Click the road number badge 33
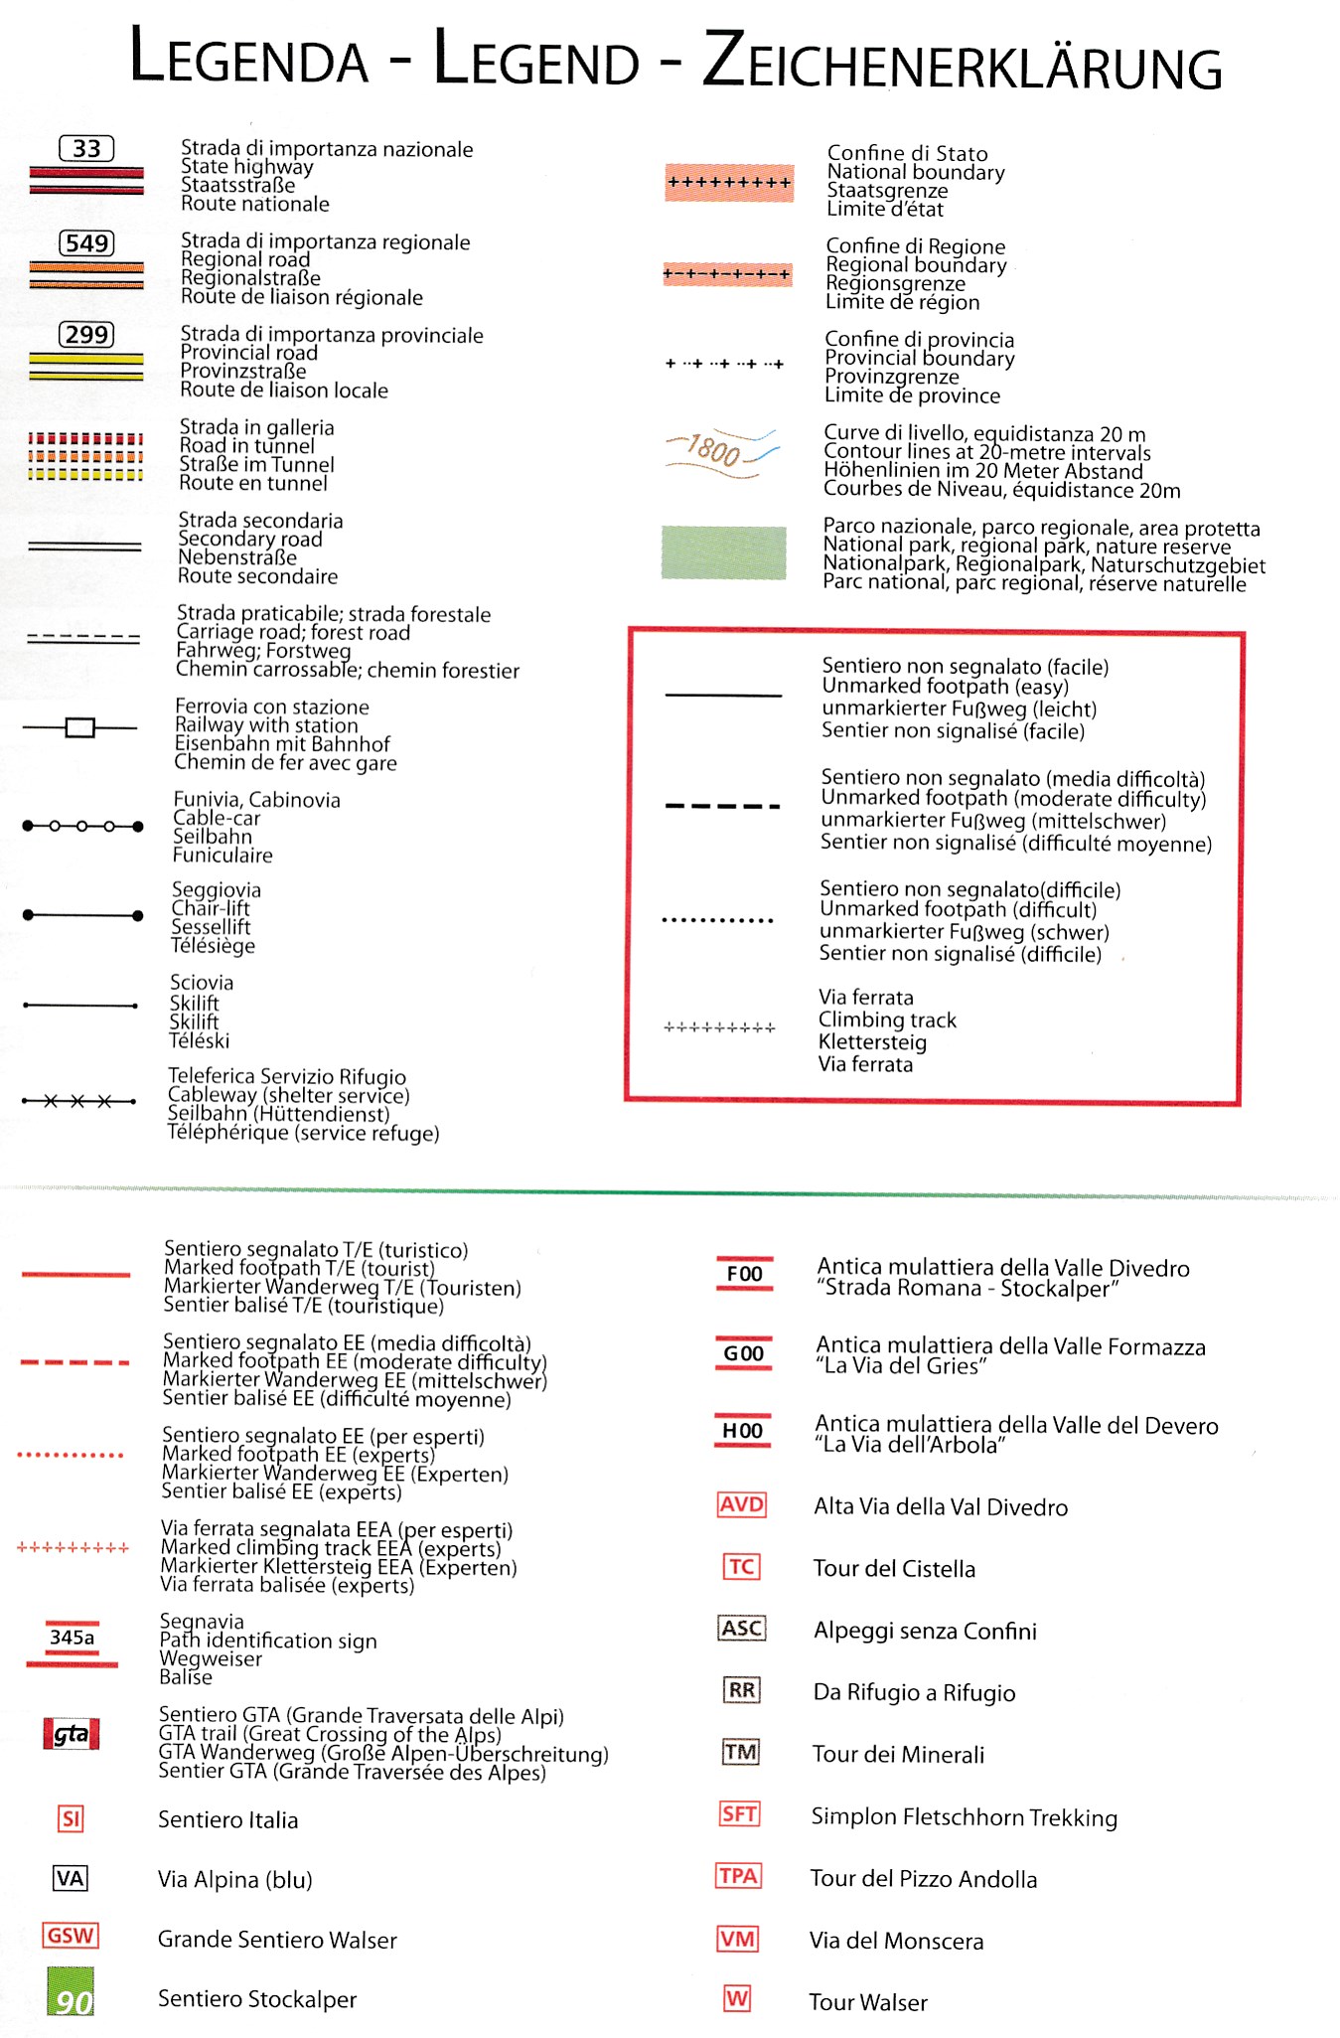[x=86, y=149]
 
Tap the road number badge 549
[x=86, y=243]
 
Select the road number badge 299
[x=86, y=335]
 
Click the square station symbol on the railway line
[x=79, y=728]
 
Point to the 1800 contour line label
[x=714, y=450]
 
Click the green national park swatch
[x=723, y=552]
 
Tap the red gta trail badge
[x=72, y=1734]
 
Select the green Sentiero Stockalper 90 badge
[x=71, y=1992]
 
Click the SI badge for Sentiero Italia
[x=71, y=1819]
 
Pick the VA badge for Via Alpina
[x=71, y=1878]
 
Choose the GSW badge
[x=71, y=1936]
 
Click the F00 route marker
[x=744, y=1274]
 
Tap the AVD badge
[x=742, y=1504]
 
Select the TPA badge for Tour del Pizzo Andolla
[x=739, y=1876]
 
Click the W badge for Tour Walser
[x=737, y=1998]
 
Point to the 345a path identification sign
[x=72, y=1638]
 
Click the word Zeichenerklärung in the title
[x=962, y=63]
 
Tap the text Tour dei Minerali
[x=898, y=1755]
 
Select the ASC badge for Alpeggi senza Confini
[x=742, y=1629]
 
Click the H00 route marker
[x=743, y=1431]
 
